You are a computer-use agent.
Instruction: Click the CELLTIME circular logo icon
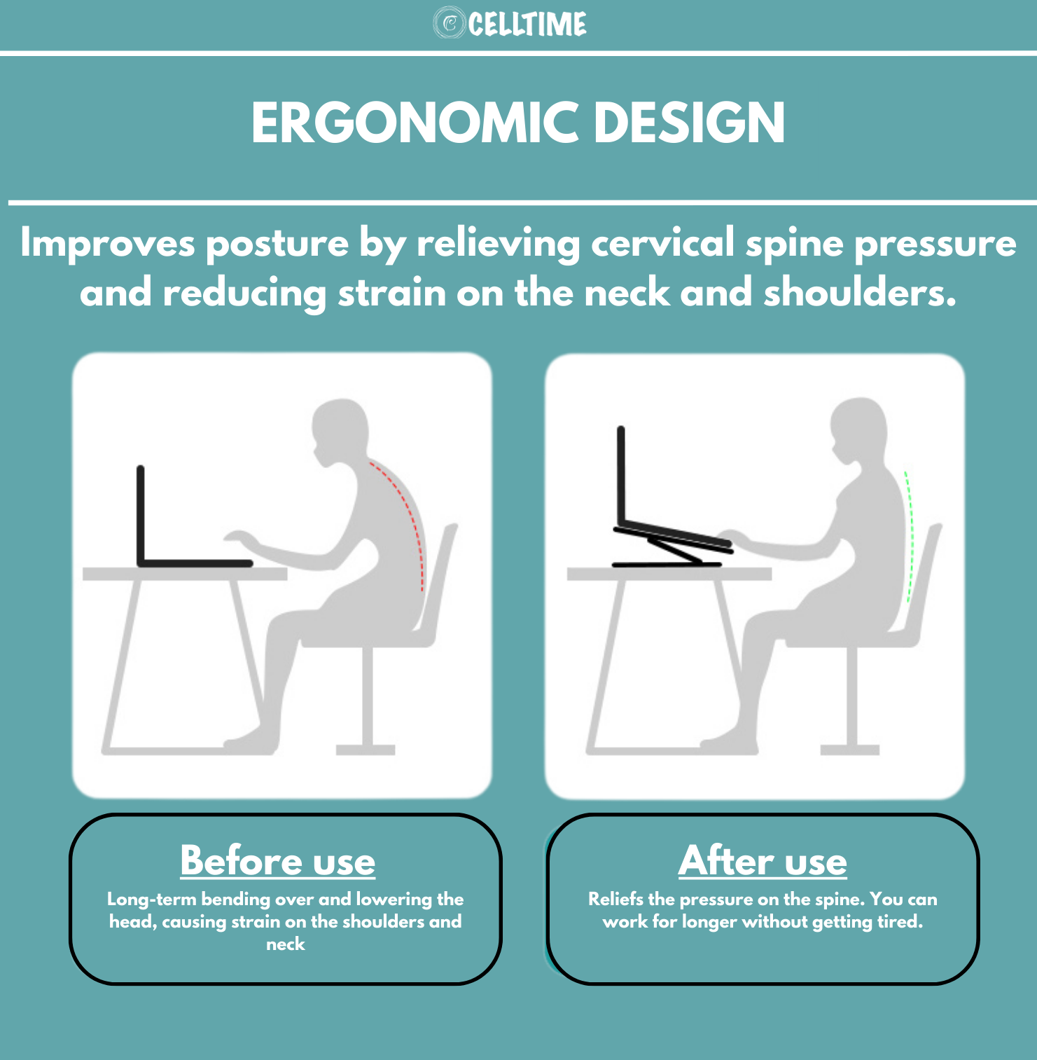(450, 23)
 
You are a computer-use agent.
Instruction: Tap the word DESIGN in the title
(690, 123)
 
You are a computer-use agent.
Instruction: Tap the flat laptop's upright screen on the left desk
(141, 515)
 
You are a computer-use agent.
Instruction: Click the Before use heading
(278, 860)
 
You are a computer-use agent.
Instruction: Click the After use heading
(763, 860)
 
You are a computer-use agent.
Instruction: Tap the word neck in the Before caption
(286, 944)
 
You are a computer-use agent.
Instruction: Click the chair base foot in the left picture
(366, 750)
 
